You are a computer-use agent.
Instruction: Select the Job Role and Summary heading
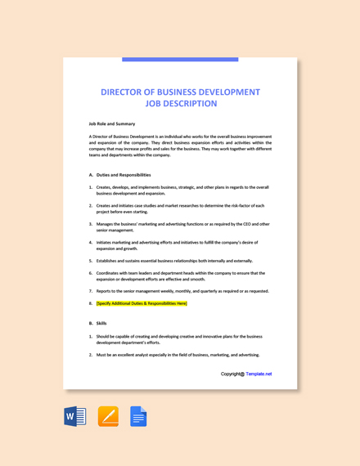(112, 123)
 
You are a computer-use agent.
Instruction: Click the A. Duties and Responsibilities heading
(119, 174)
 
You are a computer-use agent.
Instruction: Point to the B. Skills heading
(97, 323)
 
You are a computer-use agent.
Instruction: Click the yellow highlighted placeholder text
(142, 303)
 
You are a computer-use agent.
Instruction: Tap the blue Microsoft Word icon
(74, 416)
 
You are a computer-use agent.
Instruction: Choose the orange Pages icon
(108, 416)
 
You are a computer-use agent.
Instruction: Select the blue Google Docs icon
(138, 416)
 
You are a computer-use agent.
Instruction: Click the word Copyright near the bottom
(232, 374)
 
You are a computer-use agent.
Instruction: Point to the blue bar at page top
(180, 60)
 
